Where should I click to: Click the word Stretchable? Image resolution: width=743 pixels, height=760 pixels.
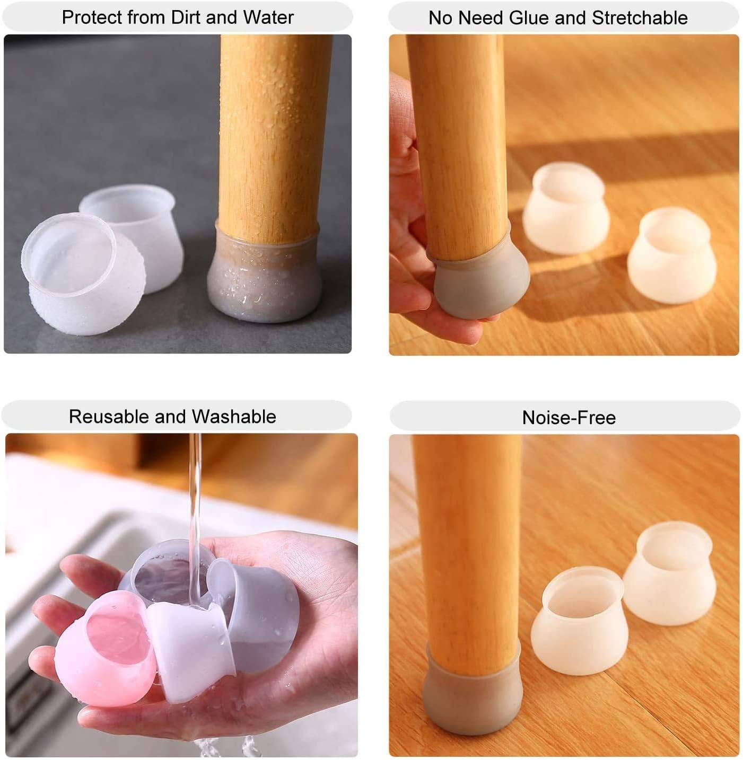tap(640, 18)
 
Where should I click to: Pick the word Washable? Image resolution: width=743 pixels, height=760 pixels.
tap(234, 417)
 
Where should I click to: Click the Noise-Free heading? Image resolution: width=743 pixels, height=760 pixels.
tap(569, 418)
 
